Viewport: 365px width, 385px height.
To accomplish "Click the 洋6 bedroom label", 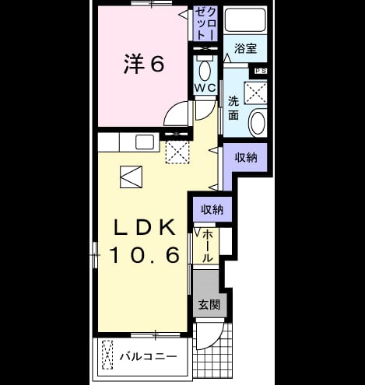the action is coord(144,64).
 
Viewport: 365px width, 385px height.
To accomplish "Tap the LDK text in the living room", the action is coord(145,227).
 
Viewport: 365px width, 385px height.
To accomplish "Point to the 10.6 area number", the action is coord(145,254).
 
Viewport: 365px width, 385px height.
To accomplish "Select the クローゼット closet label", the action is coord(205,23).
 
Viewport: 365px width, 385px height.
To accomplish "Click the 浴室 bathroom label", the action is coord(245,48).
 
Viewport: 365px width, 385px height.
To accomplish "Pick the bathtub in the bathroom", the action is coord(245,19).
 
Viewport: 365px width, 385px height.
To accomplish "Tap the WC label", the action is coord(205,88).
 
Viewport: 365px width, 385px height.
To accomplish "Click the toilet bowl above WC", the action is coord(205,70).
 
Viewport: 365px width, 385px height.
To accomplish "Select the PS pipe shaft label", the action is coord(261,71).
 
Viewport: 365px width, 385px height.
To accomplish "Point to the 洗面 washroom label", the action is coord(233,108).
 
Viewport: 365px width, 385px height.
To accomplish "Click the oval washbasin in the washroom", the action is coord(257,123).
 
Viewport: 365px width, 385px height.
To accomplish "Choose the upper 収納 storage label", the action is coord(246,157).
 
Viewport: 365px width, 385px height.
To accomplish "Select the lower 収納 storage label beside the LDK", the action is coord(212,209).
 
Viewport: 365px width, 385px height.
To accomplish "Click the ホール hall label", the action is coord(208,246).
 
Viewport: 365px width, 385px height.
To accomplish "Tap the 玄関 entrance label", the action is coord(209,305).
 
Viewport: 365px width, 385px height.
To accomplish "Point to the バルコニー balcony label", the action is coord(148,356).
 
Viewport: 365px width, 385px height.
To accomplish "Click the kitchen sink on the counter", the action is coord(145,142).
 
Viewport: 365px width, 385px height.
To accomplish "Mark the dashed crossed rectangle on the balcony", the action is coord(107,355).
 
